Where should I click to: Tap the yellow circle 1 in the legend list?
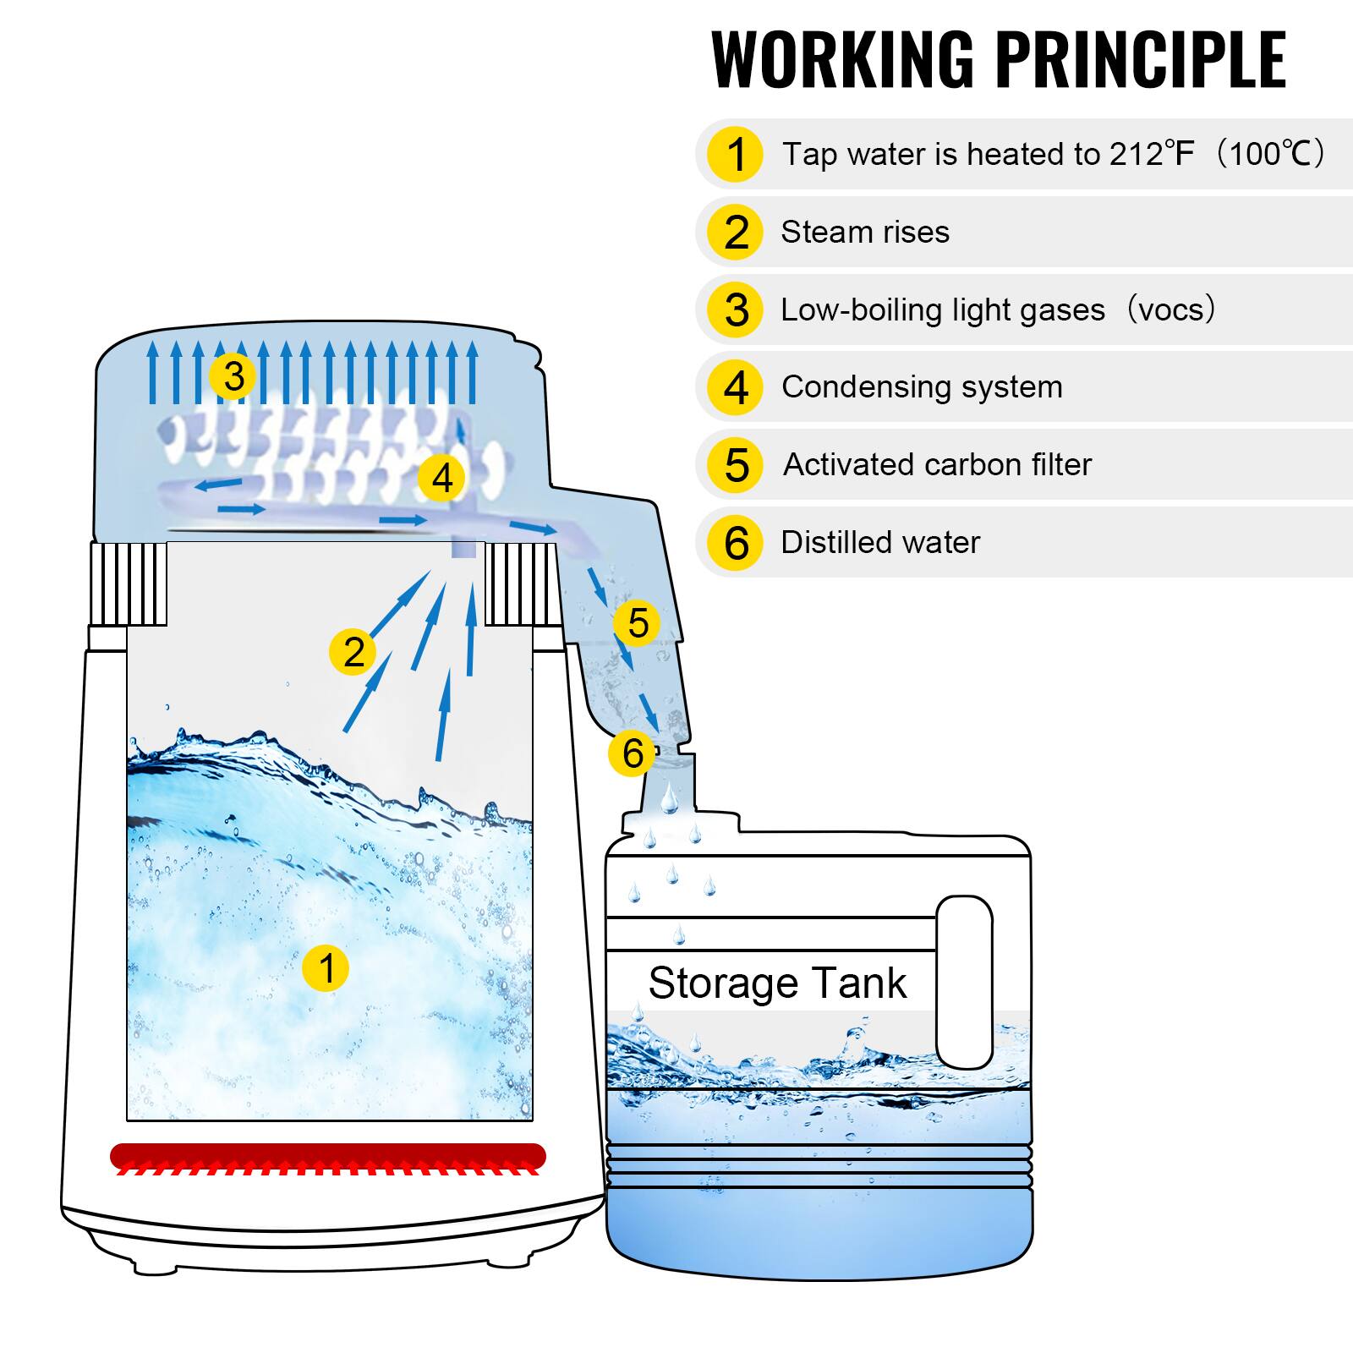(x=736, y=155)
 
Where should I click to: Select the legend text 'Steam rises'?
(x=864, y=232)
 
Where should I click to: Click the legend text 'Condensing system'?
(x=921, y=386)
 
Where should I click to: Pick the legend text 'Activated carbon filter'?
(x=936, y=464)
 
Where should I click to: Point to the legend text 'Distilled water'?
(x=879, y=542)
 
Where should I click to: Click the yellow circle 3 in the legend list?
(x=736, y=309)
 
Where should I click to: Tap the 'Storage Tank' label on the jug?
(x=776, y=983)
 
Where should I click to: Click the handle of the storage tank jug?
(x=964, y=981)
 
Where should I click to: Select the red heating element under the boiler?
(x=328, y=1156)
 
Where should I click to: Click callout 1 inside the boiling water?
(x=326, y=967)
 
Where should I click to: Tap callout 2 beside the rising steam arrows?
(x=353, y=651)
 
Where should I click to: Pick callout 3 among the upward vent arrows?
(x=234, y=376)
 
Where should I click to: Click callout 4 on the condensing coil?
(x=441, y=479)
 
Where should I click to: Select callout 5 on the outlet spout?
(x=638, y=623)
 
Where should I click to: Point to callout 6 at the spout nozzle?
(x=632, y=753)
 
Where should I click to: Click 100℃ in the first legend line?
(x=1268, y=154)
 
